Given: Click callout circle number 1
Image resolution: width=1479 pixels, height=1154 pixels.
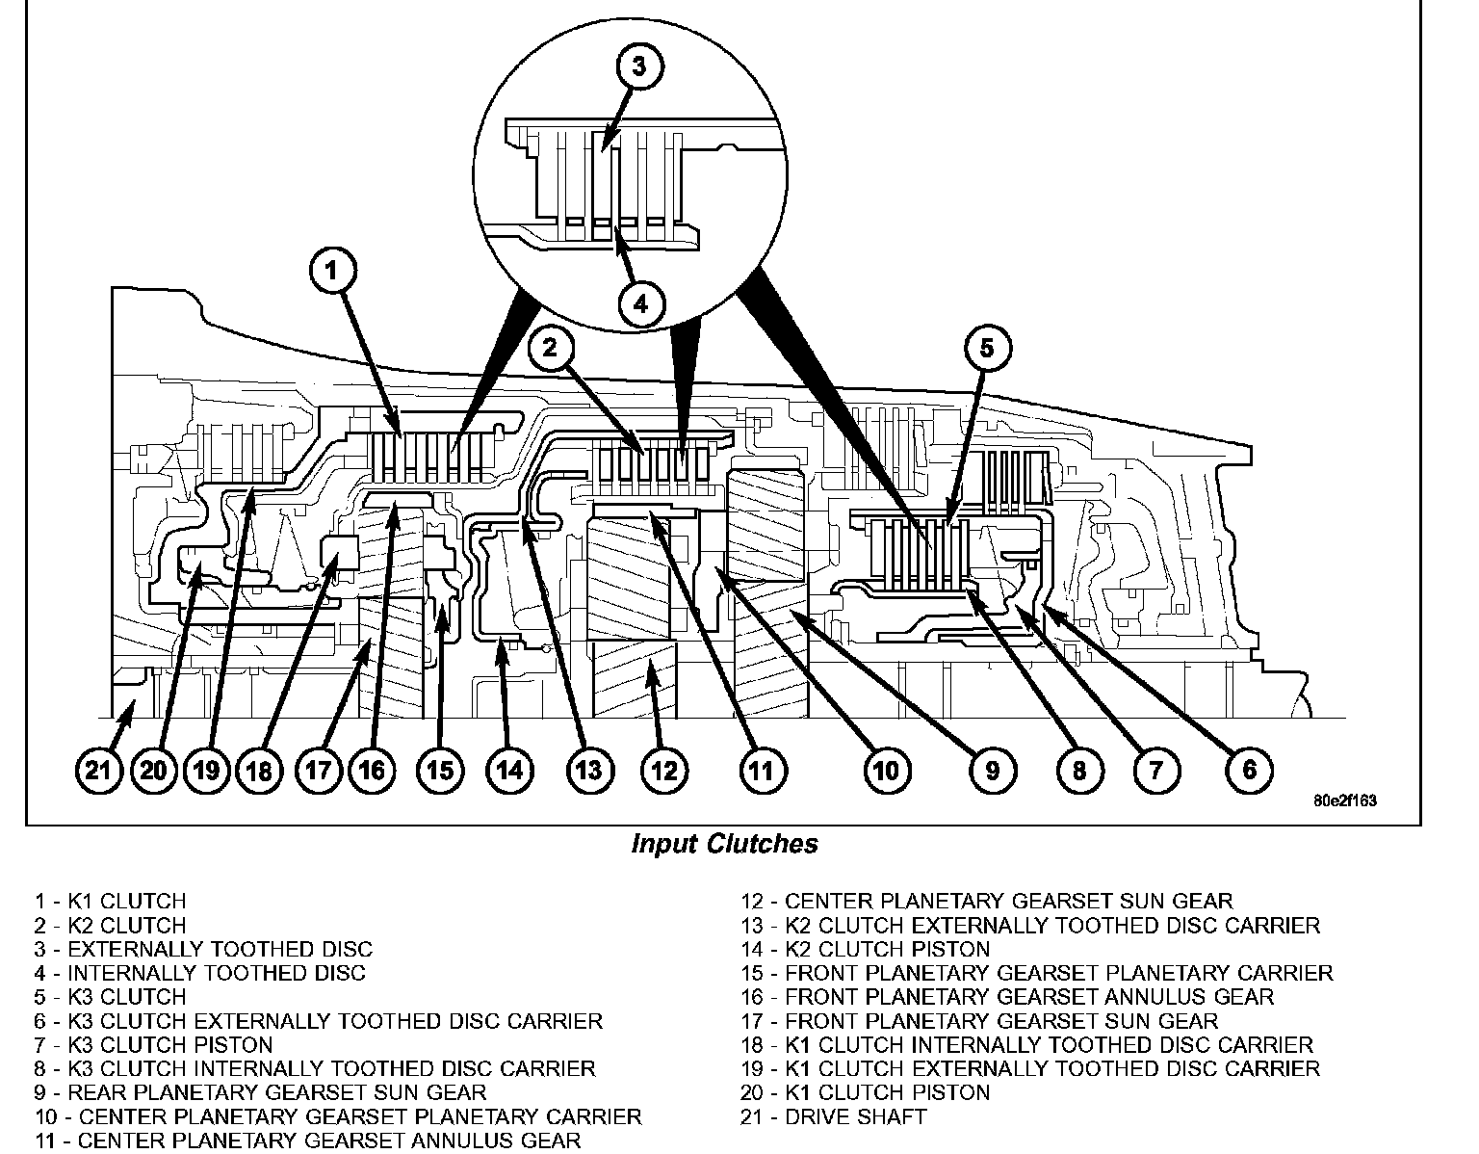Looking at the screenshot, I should coord(331,272).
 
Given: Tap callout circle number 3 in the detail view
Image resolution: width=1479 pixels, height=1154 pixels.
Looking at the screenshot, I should coord(639,66).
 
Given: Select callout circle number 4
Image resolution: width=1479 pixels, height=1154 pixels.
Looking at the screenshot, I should coord(640,304).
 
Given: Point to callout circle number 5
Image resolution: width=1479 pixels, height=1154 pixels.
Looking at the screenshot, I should coord(986,348).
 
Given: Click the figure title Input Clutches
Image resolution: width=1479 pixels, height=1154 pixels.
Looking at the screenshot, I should coord(724,845).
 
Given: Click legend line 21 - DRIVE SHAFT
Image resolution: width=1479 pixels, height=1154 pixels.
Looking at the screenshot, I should coord(833,1117).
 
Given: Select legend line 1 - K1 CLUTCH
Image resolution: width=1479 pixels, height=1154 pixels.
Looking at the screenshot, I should coord(110,902).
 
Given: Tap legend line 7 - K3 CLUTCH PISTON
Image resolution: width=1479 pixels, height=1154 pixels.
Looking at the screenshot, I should coord(153,1045).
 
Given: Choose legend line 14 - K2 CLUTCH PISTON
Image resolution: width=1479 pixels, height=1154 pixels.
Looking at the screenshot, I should coord(865,950).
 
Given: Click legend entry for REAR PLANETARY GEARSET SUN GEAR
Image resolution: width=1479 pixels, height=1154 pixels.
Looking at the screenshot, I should coord(260,1093).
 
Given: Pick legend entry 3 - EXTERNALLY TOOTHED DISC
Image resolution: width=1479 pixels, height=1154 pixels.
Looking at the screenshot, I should coord(203,950).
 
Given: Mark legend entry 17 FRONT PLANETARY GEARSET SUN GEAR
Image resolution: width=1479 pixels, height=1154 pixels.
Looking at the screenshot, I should coord(979,1021).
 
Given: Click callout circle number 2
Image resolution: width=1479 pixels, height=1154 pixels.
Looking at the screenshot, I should coord(549,348).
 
